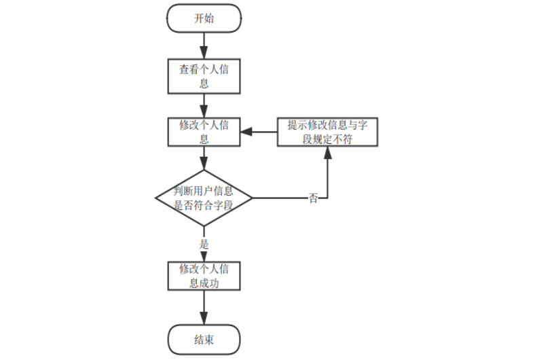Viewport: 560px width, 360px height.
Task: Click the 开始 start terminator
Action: pos(204,18)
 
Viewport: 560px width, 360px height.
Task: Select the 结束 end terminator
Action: pos(204,339)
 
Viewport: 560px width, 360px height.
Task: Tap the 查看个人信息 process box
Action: pos(204,76)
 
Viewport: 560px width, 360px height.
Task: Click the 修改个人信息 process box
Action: pos(204,132)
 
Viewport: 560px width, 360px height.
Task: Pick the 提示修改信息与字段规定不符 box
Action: pos(327,132)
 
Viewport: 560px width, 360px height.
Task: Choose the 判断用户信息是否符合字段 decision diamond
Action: pos(204,198)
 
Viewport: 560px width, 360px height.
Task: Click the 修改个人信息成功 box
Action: pos(204,276)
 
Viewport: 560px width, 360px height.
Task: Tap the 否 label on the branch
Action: pos(313,198)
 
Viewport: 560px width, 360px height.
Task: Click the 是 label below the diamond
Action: pos(204,244)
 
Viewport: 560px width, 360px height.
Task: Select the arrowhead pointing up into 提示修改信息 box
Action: pos(327,153)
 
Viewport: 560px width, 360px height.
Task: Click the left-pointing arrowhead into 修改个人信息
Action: pos(246,132)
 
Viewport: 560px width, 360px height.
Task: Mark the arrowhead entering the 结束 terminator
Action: pos(204,318)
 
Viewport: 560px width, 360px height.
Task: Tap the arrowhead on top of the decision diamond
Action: pos(204,164)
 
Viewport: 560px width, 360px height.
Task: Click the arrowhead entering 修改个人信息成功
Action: pos(204,255)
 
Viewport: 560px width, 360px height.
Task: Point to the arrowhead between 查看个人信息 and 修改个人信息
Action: pos(204,111)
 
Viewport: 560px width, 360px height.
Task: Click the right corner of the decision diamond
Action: pos(253,198)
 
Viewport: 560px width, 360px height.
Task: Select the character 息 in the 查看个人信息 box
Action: pos(204,84)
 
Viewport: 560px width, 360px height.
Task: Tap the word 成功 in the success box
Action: pos(209,283)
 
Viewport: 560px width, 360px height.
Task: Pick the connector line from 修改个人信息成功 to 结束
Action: pos(204,308)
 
